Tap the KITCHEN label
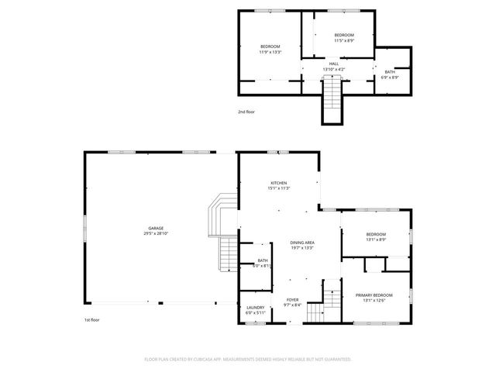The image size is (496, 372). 278,183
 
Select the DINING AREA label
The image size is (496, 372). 302,243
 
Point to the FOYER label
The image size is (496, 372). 292,299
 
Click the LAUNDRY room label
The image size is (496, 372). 255,307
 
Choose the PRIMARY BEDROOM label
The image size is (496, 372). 374,295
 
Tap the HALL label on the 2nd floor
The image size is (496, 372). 333,64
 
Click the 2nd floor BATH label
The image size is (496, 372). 390,72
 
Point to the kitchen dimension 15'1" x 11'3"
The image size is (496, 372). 278,188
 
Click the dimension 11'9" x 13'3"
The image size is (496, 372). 270,53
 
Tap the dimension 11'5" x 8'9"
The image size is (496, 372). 344,40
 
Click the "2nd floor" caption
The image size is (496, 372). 246,112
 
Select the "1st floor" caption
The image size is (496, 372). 92,319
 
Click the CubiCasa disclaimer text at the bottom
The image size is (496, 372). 248,360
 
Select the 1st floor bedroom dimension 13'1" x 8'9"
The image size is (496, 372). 376,239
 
